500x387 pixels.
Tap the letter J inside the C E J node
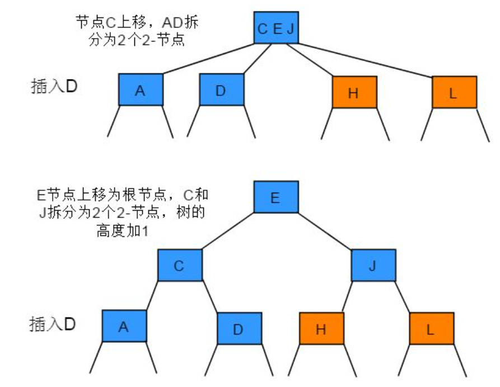(x=290, y=29)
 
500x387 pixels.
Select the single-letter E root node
(x=275, y=197)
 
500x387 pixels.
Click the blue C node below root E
(x=179, y=265)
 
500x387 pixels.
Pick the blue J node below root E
(x=373, y=265)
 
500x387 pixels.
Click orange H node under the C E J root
(x=354, y=92)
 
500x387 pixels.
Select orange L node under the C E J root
(x=454, y=92)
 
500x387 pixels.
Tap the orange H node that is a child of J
(x=321, y=328)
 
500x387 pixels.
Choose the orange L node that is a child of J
(x=431, y=328)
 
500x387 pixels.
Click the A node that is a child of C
(x=124, y=327)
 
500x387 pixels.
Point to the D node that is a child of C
(x=239, y=328)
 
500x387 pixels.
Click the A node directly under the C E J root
(x=141, y=90)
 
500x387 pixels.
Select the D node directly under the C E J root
(x=222, y=90)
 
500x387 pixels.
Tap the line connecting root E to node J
(x=325, y=231)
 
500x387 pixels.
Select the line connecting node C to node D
(x=210, y=297)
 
